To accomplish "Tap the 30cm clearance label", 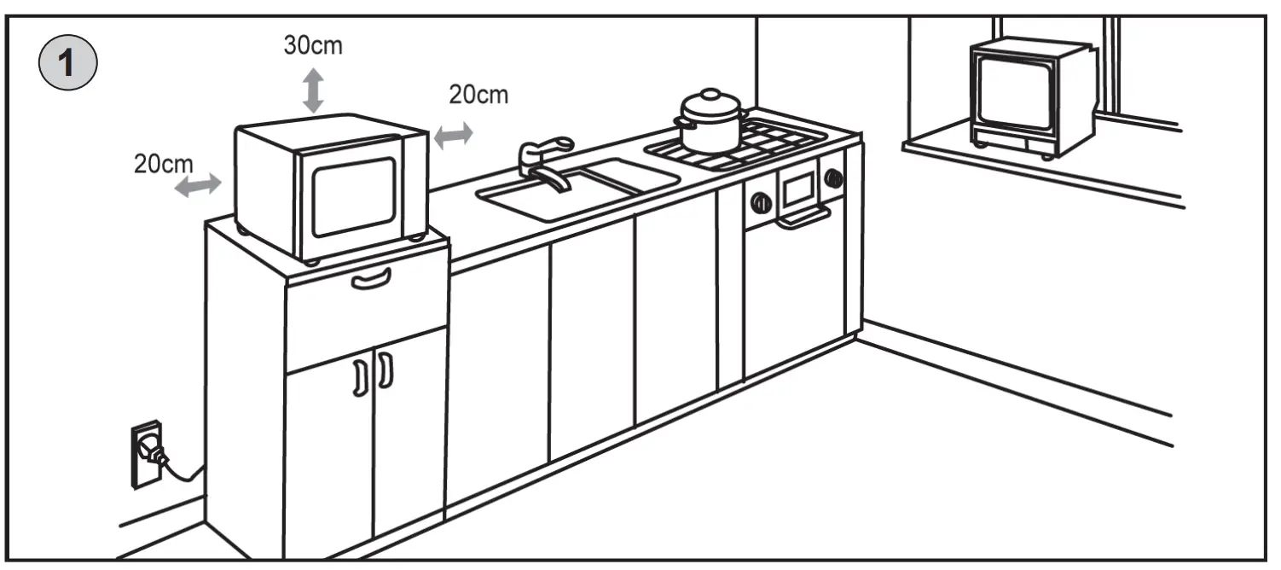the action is coord(313,45).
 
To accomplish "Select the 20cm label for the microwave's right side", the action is coord(478,95).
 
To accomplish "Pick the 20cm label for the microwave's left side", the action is coord(163,163).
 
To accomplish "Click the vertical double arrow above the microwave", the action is coord(314,91).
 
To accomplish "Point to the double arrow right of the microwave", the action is coord(454,135).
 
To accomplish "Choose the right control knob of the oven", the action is coord(833,178).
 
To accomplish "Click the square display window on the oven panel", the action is coord(797,189).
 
